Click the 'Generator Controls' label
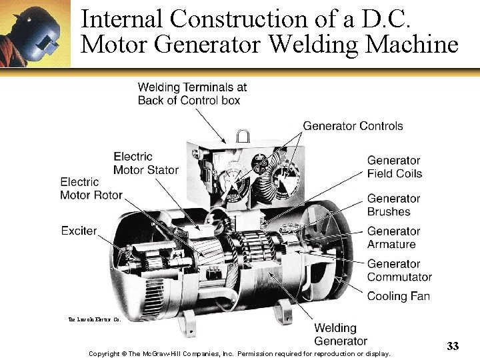353,126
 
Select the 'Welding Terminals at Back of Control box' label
192,93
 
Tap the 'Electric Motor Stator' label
146,163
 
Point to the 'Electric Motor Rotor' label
91,188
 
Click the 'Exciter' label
79,231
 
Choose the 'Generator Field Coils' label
394,167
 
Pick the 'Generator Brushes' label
393,205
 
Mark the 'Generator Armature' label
393,237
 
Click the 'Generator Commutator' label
399,270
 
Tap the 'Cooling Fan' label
399,296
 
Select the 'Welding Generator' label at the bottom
340,335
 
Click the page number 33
453,345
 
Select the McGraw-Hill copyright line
239,353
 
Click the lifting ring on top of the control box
243,137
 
